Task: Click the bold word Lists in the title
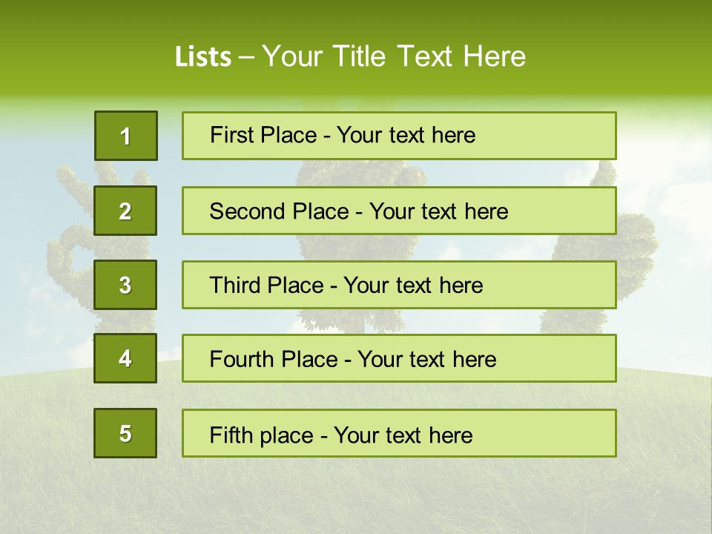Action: [x=202, y=56]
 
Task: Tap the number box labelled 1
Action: [x=125, y=136]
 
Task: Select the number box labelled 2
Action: [x=125, y=211]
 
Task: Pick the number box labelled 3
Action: [x=125, y=285]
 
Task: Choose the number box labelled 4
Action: [x=125, y=358]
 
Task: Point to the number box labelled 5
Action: [x=125, y=433]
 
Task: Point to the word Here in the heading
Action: [x=495, y=56]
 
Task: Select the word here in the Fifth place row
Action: [x=449, y=435]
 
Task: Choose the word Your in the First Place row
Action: [x=359, y=135]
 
